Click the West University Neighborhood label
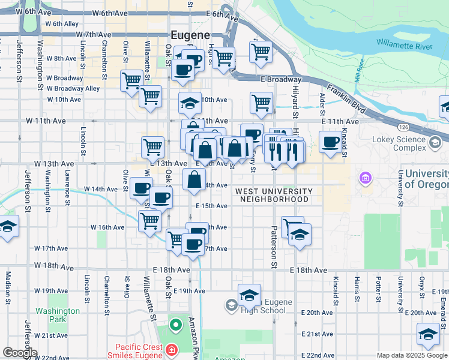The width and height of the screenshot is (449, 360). pos(274,195)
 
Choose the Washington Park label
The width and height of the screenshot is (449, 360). pos(57,315)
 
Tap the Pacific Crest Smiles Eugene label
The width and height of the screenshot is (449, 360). pos(138,352)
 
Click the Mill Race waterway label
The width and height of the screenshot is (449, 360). pos(360,68)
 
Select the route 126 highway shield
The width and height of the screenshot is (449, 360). pos(403,127)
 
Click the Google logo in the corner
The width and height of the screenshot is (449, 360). pos(20,353)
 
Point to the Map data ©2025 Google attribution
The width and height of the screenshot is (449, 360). pos(412,355)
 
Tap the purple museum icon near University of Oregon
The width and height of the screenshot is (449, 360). pos(364,178)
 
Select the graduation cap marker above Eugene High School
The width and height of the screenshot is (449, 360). pos(249,295)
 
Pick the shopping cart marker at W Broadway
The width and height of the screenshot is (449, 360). pos(131,80)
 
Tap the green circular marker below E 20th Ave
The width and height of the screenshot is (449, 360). pos(175,326)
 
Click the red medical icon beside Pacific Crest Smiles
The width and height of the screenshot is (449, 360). pos(171,349)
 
